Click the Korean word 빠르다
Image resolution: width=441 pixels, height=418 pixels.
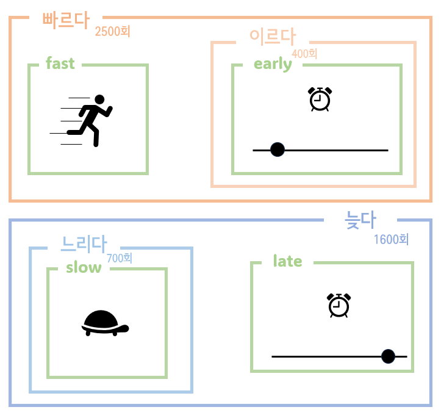click(x=66, y=20)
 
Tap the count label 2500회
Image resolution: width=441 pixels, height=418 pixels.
click(x=113, y=31)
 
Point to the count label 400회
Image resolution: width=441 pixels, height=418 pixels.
click(x=305, y=54)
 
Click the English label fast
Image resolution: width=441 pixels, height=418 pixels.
click(x=60, y=63)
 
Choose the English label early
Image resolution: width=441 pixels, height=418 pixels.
click(x=273, y=64)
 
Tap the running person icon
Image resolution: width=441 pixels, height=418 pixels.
click(x=85, y=120)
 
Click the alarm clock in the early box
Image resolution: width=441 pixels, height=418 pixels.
click(x=320, y=99)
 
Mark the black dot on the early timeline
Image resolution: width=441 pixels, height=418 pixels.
click(x=278, y=150)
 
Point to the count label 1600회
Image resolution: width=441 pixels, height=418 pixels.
click(x=391, y=239)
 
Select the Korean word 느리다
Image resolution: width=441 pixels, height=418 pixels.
click(x=84, y=244)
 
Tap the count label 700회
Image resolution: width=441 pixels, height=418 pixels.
click(x=120, y=258)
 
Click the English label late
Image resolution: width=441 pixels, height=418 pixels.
click(x=288, y=261)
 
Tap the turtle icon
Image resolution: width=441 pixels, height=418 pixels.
click(x=104, y=323)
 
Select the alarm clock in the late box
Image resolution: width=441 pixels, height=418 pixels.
click(x=339, y=305)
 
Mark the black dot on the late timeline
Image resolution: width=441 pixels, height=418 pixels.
click(x=388, y=356)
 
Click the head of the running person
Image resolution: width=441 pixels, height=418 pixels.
click(x=100, y=99)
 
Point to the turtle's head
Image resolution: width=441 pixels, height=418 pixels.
click(x=124, y=329)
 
